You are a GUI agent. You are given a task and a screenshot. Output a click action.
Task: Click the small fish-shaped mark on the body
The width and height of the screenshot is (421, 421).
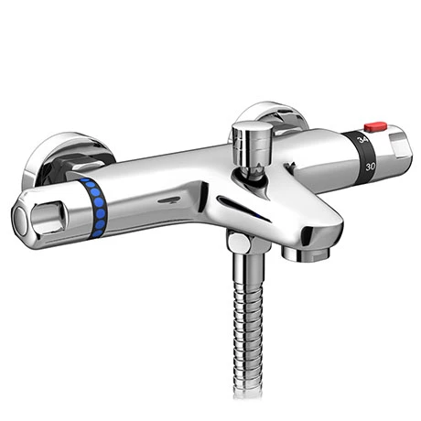[167, 198]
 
